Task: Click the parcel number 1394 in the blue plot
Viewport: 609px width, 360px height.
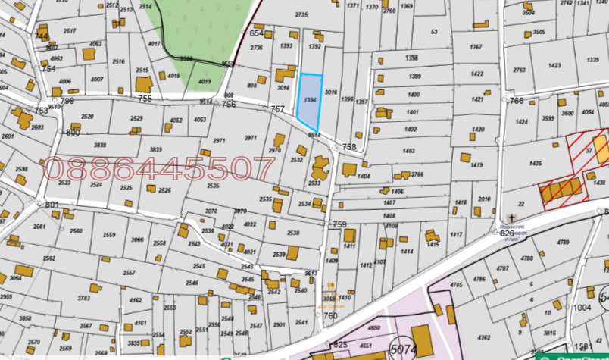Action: tap(309, 99)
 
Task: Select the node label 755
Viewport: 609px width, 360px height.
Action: tap(145, 99)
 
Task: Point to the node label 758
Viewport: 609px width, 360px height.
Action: tap(349, 147)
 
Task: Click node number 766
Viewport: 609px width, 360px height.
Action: tap(517, 101)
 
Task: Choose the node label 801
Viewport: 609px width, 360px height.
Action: tap(52, 205)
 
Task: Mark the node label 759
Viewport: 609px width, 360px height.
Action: tap(339, 224)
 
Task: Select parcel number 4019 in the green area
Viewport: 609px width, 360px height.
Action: tap(204, 81)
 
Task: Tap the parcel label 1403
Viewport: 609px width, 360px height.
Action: tap(409, 152)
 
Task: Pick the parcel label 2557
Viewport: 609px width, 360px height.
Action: tap(129, 273)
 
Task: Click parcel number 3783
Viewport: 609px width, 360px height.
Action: tap(84, 299)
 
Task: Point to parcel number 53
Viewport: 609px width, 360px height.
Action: tap(434, 32)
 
